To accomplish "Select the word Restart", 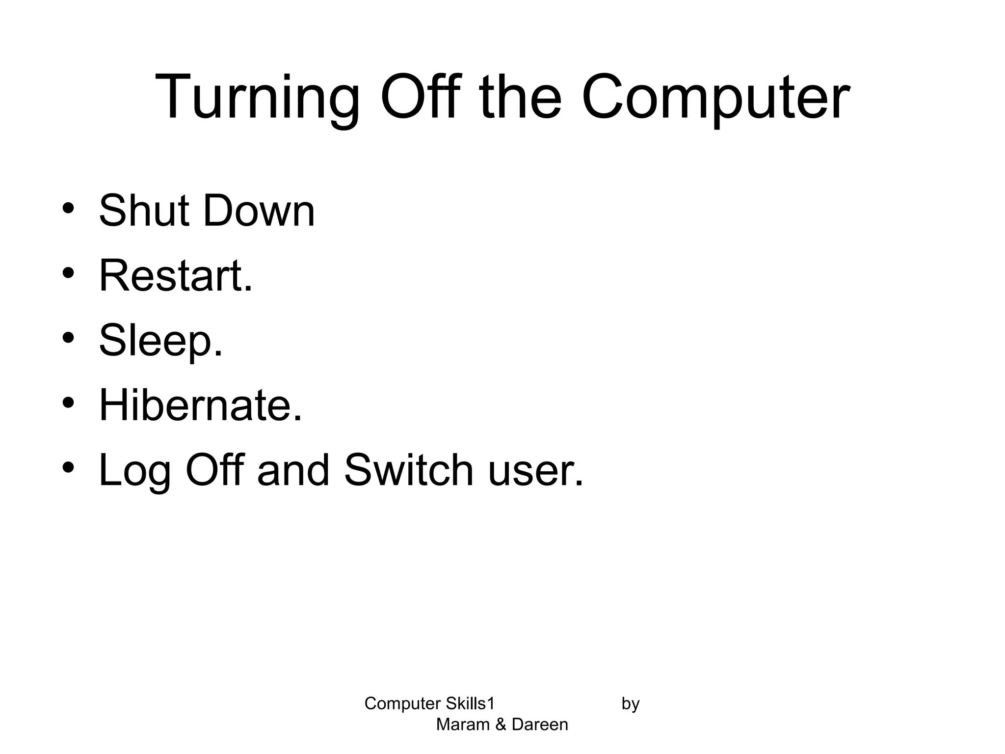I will (176, 276).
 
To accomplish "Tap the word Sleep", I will (161, 342).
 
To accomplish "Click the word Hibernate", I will (200, 405).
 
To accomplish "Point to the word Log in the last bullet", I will (135, 471).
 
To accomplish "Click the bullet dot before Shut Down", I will (68, 208).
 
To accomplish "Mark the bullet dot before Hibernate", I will (68, 403).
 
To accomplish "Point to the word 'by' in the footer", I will (631, 704).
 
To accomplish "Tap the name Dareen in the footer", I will (540, 725).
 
